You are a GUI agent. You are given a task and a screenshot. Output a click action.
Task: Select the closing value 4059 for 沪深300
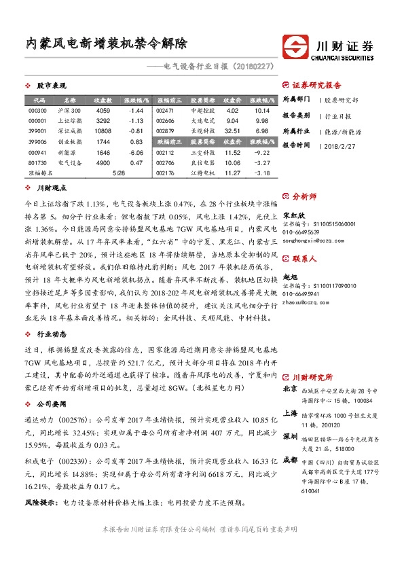tap(103, 110)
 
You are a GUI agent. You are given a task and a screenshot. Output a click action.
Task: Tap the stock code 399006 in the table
tap(37, 141)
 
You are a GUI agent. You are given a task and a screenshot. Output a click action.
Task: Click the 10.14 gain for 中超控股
tap(263, 110)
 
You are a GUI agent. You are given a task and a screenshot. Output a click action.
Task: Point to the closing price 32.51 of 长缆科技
tap(232, 130)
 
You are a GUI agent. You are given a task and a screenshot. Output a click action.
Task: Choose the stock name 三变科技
tap(202, 152)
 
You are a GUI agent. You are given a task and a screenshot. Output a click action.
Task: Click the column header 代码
tap(37, 99)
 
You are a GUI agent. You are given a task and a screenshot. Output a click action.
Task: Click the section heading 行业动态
tap(52, 335)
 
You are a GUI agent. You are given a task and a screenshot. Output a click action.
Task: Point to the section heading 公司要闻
tap(52, 403)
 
